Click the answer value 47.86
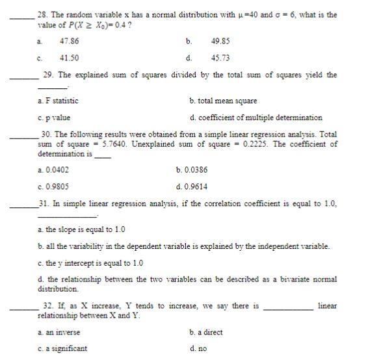click(x=69, y=40)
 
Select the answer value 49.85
click(x=221, y=40)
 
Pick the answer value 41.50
click(x=69, y=58)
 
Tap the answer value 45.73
click(x=221, y=58)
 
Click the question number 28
click(x=44, y=14)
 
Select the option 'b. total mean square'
click(x=222, y=101)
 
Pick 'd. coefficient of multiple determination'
click(x=255, y=118)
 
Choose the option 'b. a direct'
click(x=205, y=332)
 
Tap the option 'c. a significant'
click(x=62, y=349)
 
